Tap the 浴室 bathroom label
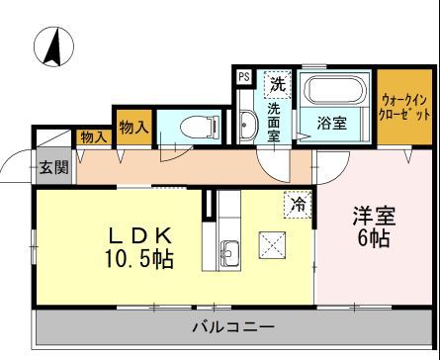click(x=332, y=124)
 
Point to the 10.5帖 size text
click(x=135, y=259)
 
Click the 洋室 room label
click(x=374, y=216)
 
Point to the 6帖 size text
click(x=374, y=240)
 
